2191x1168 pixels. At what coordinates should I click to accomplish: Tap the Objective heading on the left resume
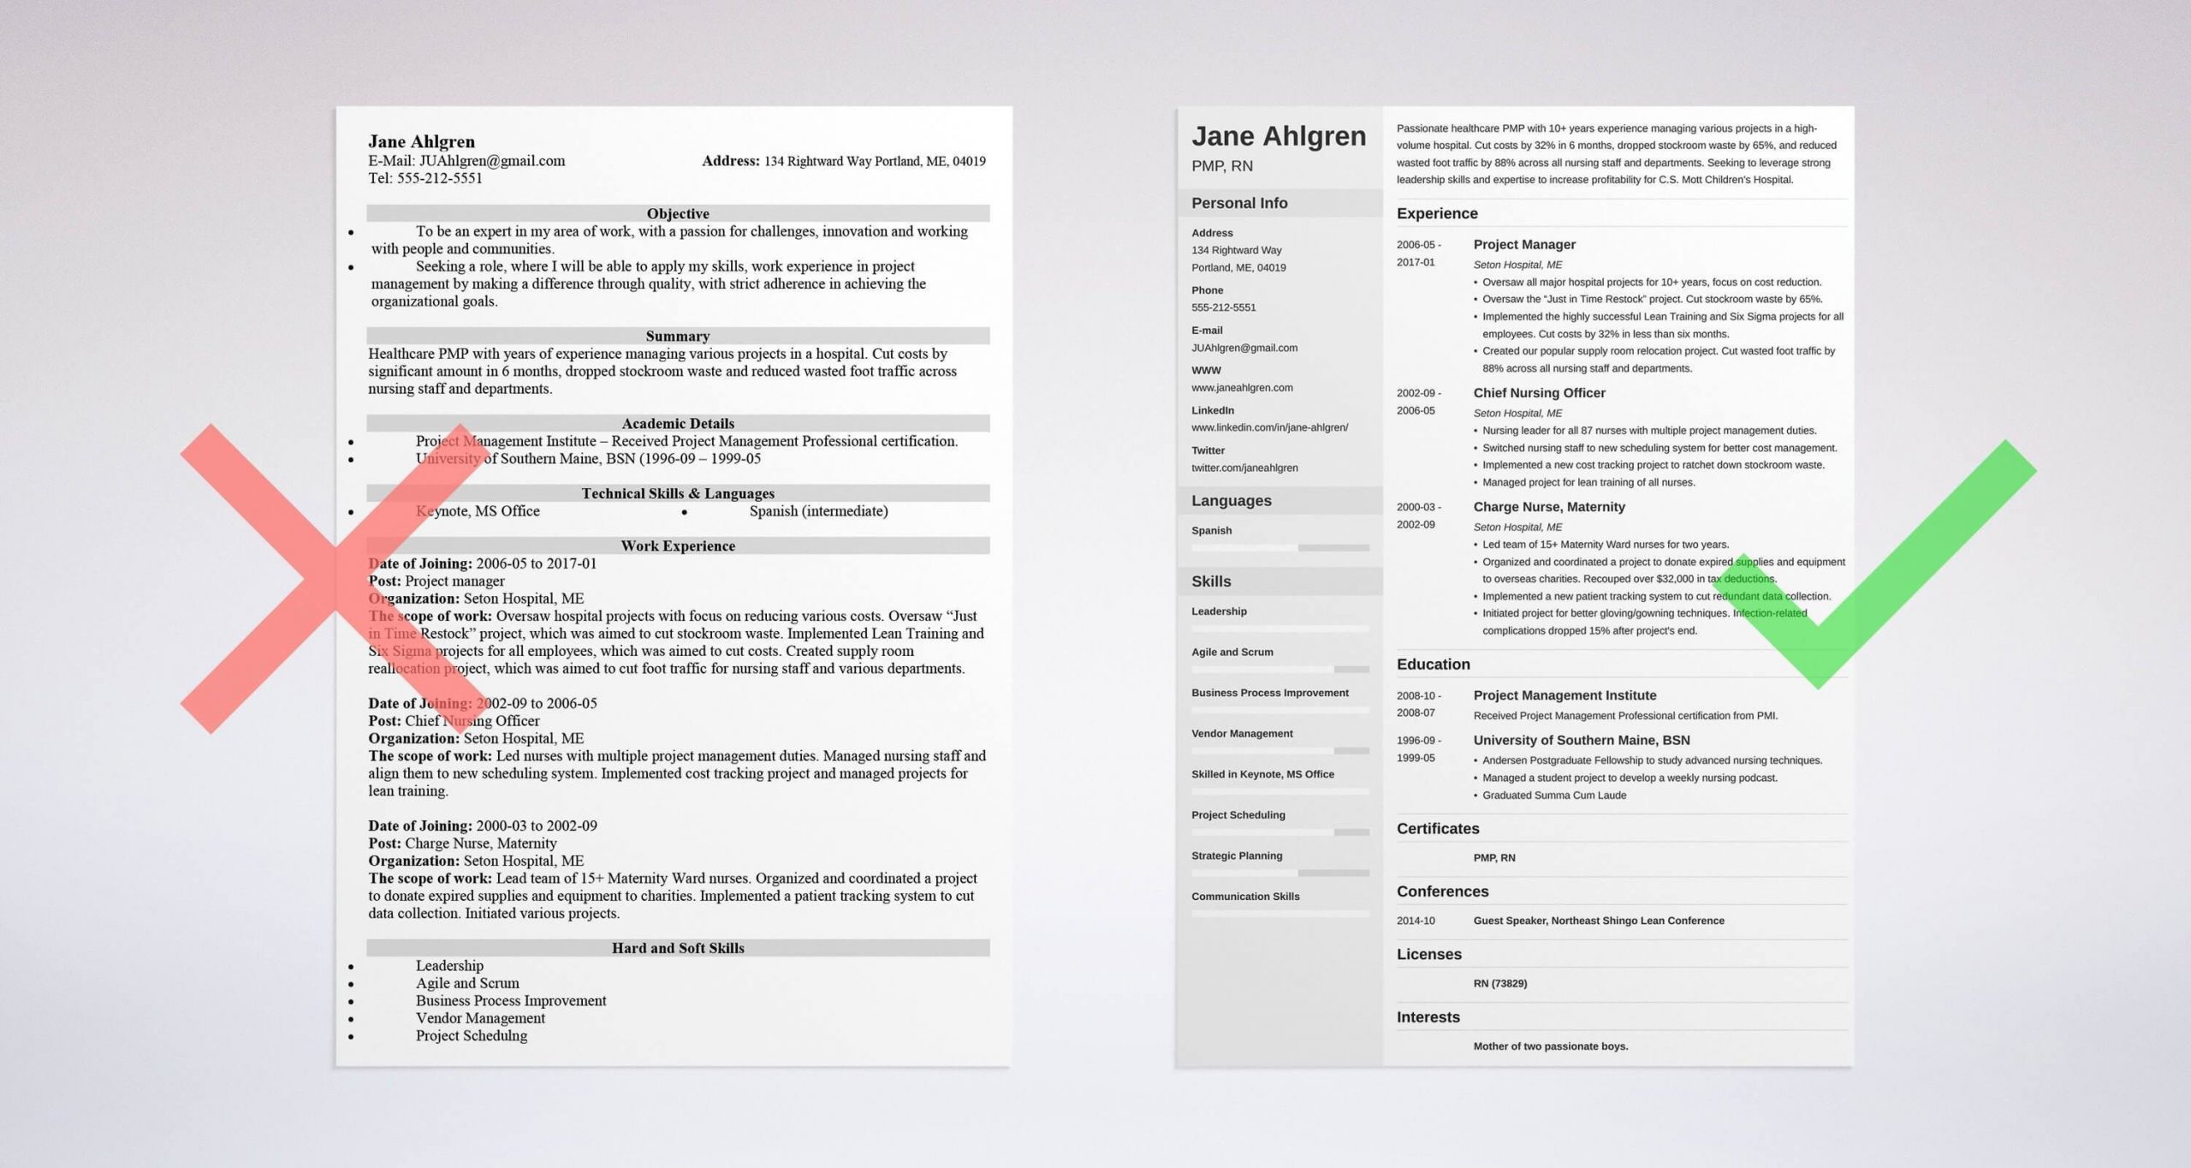click(677, 213)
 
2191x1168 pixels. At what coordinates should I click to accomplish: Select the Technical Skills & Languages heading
click(677, 493)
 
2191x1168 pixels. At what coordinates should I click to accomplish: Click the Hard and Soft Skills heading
click(677, 948)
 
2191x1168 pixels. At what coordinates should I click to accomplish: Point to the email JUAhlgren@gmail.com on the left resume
click(491, 161)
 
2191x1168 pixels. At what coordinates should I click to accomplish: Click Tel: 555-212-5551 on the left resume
click(425, 178)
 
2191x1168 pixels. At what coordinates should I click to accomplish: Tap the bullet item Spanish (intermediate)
click(818, 511)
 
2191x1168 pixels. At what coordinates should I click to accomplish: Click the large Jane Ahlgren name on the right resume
click(1279, 136)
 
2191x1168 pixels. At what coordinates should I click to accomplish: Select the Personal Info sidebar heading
click(1238, 203)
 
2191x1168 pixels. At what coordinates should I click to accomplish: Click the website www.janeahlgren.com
click(1242, 388)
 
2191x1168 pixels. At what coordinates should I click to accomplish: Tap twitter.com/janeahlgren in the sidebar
click(1244, 468)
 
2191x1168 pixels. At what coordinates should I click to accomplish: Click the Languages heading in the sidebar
click(1231, 501)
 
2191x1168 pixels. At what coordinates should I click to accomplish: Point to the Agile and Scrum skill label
click(1232, 652)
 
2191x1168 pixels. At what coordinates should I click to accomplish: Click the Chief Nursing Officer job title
click(1539, 393)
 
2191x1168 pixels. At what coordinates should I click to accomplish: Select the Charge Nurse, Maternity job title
click(1548, 507)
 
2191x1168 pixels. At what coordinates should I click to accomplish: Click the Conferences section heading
click(1442, 891)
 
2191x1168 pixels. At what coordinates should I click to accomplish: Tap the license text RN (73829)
click(1499, 983)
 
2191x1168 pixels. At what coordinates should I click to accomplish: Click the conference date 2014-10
click(1416, 921)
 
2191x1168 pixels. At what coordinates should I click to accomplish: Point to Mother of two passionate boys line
click(1550, 1046)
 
